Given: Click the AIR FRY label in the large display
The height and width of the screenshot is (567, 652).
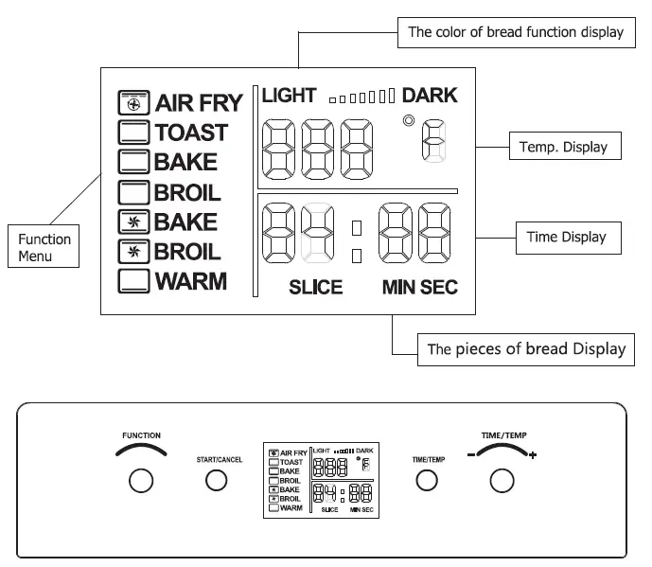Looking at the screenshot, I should [x=199, y=102].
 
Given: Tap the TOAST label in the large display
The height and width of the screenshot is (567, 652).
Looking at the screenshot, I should [x=191, y=133].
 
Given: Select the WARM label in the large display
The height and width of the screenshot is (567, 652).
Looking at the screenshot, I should [x=190, y=281].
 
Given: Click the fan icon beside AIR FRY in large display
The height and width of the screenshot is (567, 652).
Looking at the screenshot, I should [x=133, y=102].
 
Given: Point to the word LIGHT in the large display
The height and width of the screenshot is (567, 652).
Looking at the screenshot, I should [x=290, y=95].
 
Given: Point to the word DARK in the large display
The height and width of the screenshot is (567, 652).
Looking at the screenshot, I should [x=429, y=95].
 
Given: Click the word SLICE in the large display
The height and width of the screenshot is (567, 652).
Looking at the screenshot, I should [x=315, y=287].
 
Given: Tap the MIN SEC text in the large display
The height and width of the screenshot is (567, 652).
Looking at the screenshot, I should [x=419, y=287].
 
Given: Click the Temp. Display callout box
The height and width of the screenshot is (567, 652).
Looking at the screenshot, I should [x=563, y=147].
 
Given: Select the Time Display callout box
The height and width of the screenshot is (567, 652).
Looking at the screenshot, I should [x=566, y=237].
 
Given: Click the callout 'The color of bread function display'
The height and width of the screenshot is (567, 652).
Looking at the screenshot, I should [x=515, y=32].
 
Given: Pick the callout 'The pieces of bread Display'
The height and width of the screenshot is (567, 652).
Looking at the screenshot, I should [x=526, y=348].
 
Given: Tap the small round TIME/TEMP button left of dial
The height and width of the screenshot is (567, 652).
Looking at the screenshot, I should [x=428, y=481].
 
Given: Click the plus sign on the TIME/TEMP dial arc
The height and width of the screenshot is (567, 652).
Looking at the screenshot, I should [x=533, y=457].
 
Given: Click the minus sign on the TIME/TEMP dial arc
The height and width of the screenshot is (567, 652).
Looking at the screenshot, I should [x=469, y=456].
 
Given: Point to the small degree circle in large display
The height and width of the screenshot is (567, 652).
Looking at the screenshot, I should [x=408, y=120].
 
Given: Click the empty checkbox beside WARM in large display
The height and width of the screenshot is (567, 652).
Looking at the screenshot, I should [x=133, y=281].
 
